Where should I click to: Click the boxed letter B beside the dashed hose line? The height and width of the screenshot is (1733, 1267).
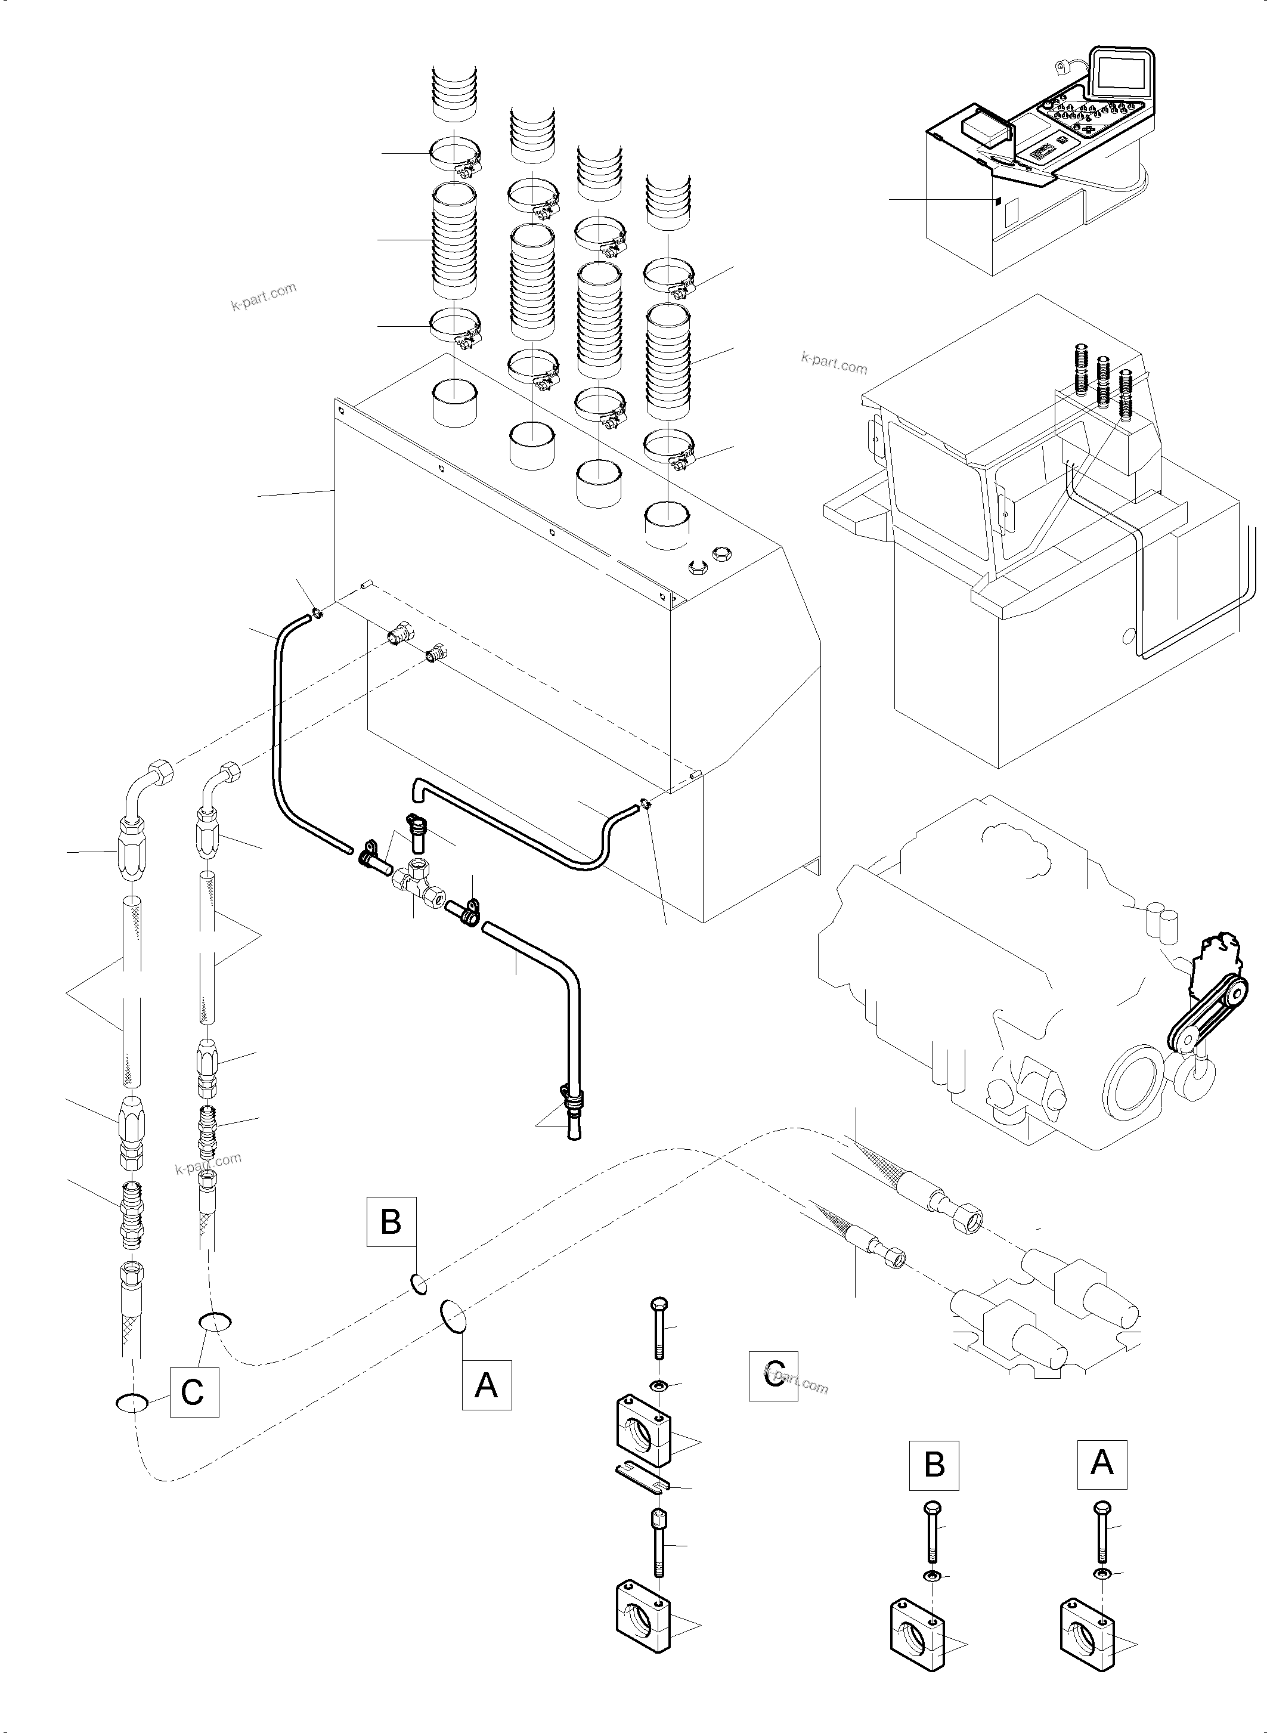(391, 1221)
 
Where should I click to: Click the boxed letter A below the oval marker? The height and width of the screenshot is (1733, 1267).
(487, 1385)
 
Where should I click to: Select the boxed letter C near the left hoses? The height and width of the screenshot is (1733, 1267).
(193, 1392)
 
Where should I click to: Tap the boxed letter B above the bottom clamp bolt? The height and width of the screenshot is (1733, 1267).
(934, 1465)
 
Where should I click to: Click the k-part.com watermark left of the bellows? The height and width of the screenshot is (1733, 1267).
(263, 296)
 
